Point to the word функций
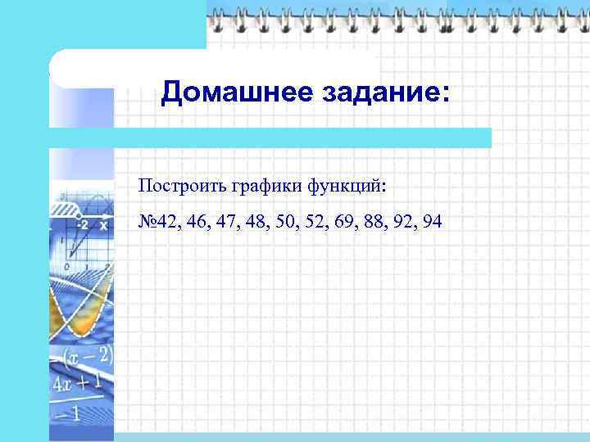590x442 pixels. point(344,187)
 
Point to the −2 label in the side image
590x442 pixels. point(82,223)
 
